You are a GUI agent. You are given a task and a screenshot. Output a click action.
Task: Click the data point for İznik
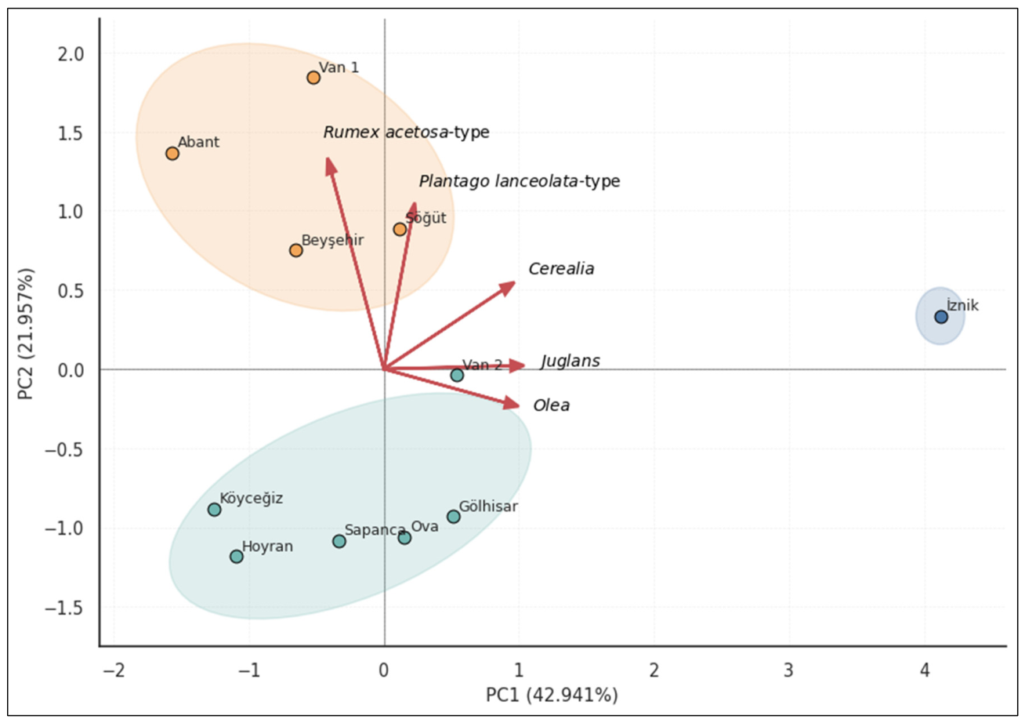pyautogui.click(x=940, y=317)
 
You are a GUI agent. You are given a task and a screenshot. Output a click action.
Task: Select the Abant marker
pyautogui.click(x=172, y=153)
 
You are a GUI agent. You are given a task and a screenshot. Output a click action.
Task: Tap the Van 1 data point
pyautogui.click(x=313, y=77)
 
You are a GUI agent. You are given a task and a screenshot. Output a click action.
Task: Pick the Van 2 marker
pyautogui.click(x=457, y=375)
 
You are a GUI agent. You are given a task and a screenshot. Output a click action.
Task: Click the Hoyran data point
pyautogui.click(x=237, y=556)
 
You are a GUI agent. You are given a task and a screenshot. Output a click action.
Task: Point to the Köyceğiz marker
pyautogui.click(x=214, y=510)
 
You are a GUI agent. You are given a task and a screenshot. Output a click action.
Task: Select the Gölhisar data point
pyautogui.click(x=454, y=517)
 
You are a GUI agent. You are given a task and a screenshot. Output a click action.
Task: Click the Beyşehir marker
pyautogui.click(x=295, y=250)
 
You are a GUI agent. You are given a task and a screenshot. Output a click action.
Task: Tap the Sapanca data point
pyautogui.click(x=339, y=541)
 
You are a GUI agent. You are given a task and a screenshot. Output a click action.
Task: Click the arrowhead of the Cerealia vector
pyautogui.click(x=512, y=284)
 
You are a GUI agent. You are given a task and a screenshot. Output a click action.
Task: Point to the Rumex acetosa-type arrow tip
pyautogui.click(x=328, y=160)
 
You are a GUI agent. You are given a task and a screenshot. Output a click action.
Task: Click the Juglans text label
pyautogui.click(x=570, y=361)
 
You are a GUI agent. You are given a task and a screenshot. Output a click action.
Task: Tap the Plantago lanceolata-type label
pyautogui.click(x=519, y=181)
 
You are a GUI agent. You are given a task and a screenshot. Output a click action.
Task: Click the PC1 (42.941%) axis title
pyautogui.click(x=552, y=695)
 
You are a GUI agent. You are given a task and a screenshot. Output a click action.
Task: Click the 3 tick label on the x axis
pyautogui.click(x=788, y=671)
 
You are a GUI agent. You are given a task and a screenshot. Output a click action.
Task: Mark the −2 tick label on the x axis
pyautogui.click(x=114, y=671)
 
